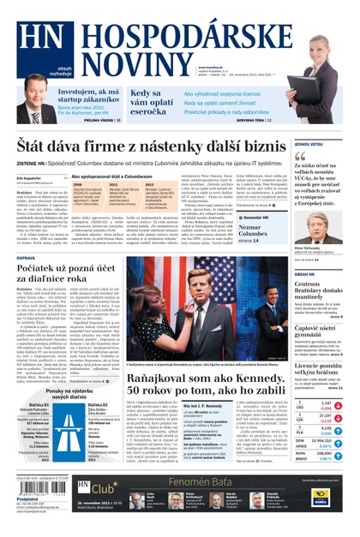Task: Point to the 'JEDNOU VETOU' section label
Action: [309, 144]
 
